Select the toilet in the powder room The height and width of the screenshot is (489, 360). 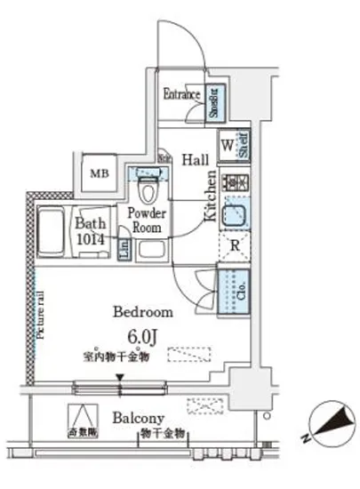[x=148, y=190]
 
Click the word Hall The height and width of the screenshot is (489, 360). [x=195, y=158]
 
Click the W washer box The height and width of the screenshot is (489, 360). [x=227, y=142]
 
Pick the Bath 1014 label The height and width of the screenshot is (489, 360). [x=92, y=232]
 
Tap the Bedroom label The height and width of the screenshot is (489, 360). [x=143, y=312]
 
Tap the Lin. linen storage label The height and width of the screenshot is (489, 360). [x=123, y=249]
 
